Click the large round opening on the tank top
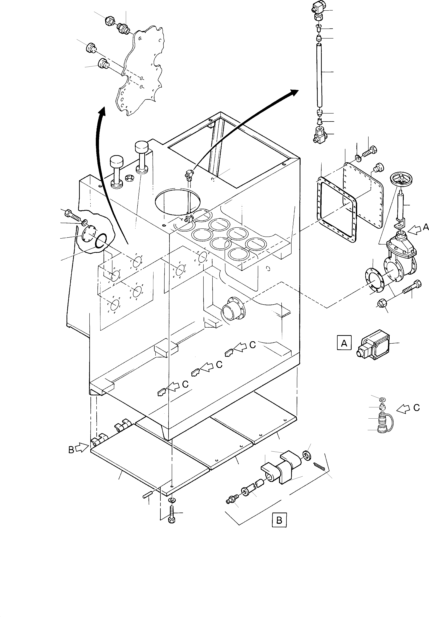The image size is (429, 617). (x=177, y=201)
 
